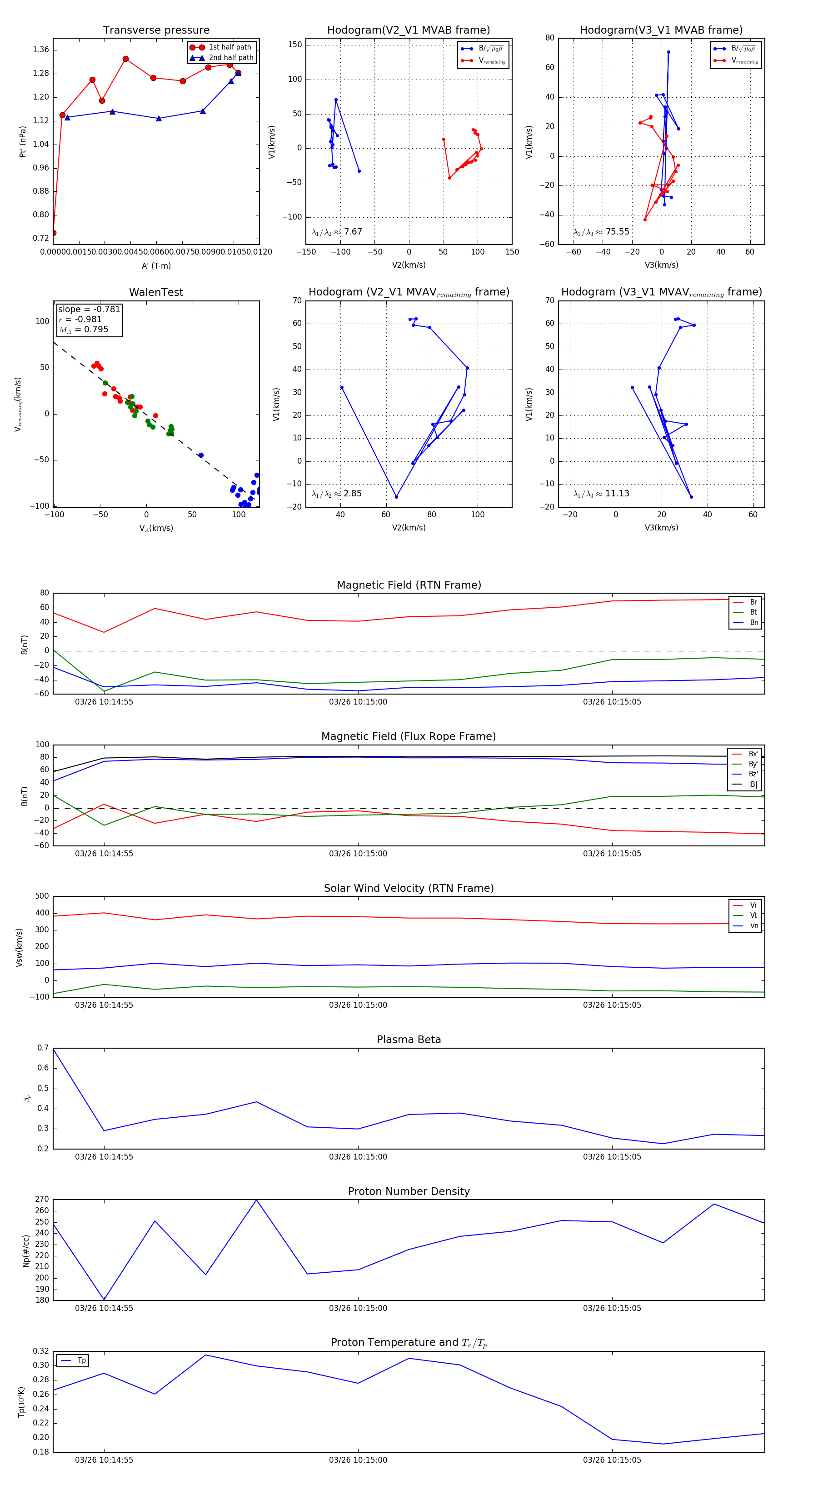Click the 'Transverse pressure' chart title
click(x=156, y=30)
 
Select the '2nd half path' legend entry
click(x=230, y=58)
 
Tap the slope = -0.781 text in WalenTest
click(x=89, y=309)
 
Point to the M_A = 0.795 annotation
click(x=83, y=330)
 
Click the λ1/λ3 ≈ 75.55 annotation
click(x=601, y=232)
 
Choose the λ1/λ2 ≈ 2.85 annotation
click(x=336, y=494)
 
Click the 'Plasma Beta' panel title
click(x=409, y=1040)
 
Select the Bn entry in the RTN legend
click(x=753, y=622)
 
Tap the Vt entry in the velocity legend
click(x=753, y=915)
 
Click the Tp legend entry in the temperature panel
click(x=81, y=1360)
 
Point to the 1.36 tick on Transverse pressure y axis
click(x=41, y=50)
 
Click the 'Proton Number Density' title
click(x=409, y=1191)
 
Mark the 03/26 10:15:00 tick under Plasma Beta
click(x=358, y=1156)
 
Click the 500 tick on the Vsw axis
click(x=42, y=896)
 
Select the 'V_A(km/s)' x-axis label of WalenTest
click(x=156, y=528)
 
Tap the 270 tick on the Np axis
click(x=42, y=1200)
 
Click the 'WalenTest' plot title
click(x=156, y=292)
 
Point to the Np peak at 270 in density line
click(x=257, y=1200)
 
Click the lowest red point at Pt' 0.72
click(x=54, y=233)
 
